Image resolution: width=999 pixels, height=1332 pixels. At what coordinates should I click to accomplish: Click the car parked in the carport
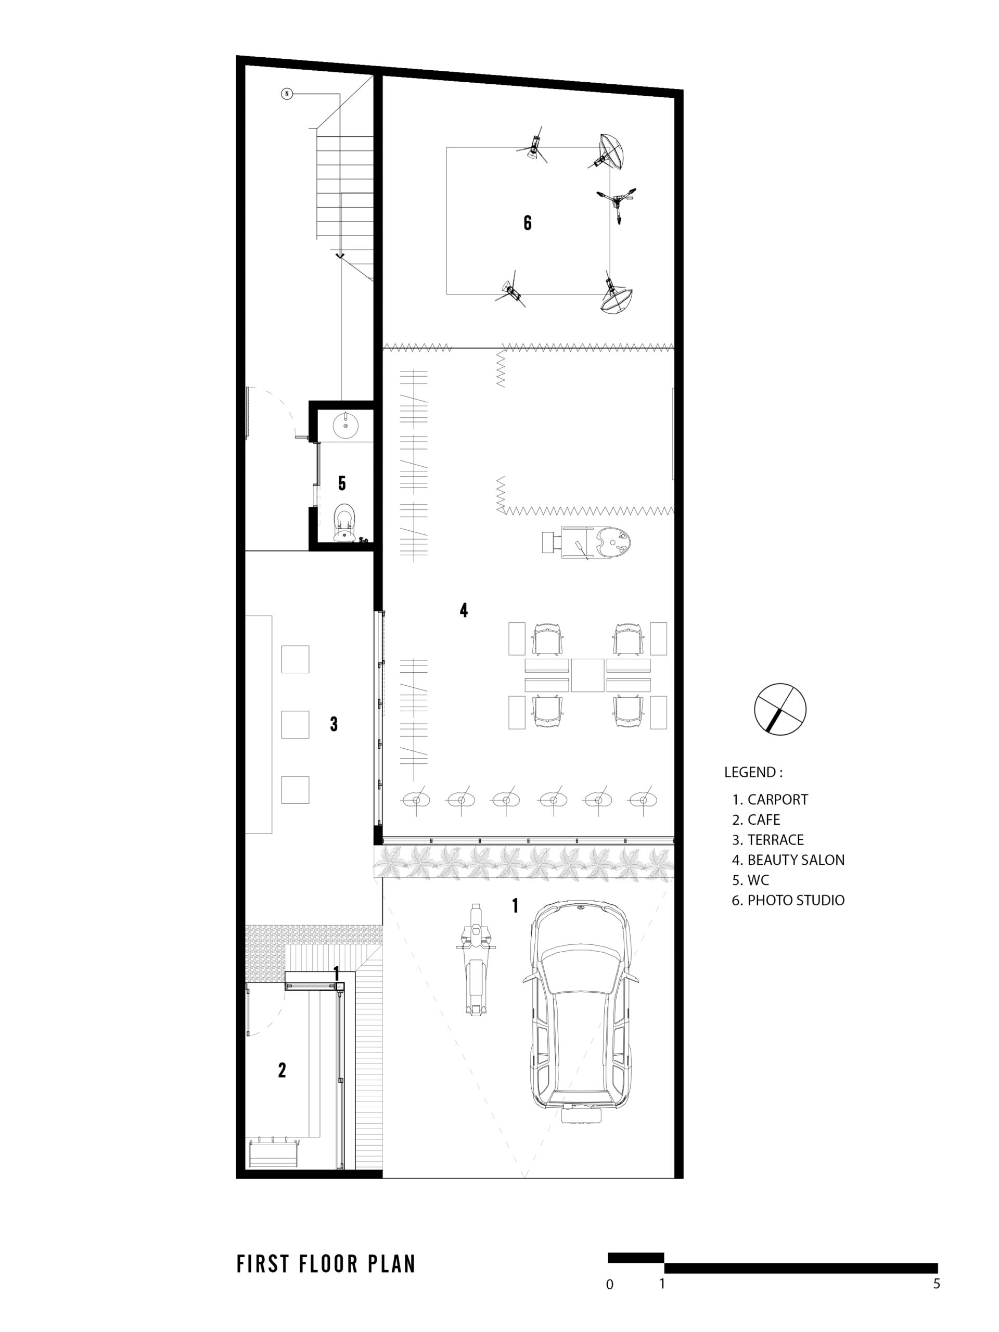(x=581, y=1012)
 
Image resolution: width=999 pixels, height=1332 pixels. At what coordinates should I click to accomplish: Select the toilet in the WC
(x=344, y=523)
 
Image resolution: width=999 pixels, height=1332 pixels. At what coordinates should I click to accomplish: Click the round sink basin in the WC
(x=346, y=425)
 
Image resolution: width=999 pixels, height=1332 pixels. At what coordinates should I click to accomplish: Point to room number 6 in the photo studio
(x=528, y=223)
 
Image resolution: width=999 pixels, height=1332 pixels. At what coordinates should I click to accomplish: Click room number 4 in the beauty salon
(x=464, y=610)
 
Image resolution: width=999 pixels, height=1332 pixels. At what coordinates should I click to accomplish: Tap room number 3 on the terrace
(x=334, y=724)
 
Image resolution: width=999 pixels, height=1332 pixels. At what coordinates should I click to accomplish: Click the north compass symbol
(x=780, y=709)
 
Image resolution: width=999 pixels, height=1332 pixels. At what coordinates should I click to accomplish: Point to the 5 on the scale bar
(x=937, y=1283)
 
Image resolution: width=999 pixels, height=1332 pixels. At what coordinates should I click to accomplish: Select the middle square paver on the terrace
(x=295, y=724)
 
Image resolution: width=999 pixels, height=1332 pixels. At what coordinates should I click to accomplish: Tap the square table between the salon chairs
(x=587, y=675)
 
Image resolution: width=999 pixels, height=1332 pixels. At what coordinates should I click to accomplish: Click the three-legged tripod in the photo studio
(x=617, y=200)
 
